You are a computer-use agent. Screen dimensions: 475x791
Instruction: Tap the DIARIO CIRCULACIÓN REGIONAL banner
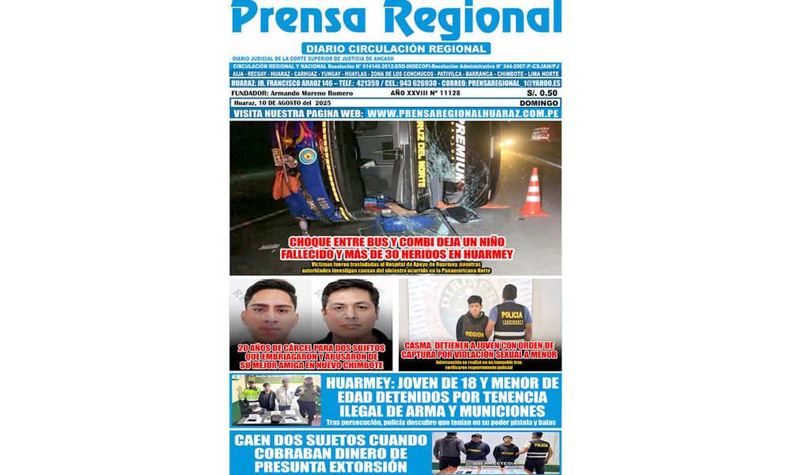click(395, 48)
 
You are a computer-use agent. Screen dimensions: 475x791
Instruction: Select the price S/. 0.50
click(540, 93)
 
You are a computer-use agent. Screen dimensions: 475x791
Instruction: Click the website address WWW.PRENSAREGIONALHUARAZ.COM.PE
click(464, 114)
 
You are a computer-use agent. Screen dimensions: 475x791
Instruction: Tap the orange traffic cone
click(533, 193)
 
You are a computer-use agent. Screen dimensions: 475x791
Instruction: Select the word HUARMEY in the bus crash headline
click(478, 254)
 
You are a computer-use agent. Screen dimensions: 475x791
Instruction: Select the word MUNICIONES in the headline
click(496, 411)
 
